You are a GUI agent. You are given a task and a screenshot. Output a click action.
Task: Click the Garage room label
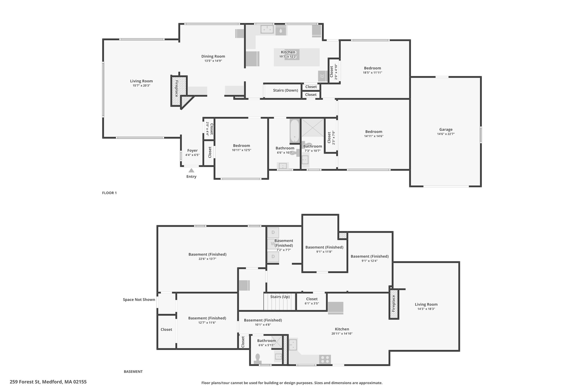click(446, 129)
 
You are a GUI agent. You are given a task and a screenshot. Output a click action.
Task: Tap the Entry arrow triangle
click(191, 170)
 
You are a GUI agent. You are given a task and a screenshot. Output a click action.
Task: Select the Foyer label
click(192, 150)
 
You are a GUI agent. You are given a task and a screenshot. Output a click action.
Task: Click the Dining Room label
click(213, 56)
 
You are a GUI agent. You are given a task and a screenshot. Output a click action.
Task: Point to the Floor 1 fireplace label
click(177, 89)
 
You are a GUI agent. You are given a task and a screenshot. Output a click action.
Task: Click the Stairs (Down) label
click(285, 90)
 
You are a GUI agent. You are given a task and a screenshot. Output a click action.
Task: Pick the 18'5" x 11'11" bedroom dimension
click(372, 73)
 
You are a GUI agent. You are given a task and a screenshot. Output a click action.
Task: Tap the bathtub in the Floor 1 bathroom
click(294, 131)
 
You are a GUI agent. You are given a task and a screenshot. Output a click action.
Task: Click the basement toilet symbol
click(258, 359)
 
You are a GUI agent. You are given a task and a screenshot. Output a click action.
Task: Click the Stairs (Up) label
click(280, 297)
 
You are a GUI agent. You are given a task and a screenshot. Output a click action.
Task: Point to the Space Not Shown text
click(139, 300)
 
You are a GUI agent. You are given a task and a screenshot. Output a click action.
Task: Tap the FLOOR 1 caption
click(109, 193)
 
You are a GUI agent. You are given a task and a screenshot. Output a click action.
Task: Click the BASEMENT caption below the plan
click(133, 372)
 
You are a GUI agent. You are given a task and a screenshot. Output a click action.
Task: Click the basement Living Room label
click(426, 304)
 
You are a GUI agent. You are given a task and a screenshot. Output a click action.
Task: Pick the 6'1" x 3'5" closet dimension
click(312, 304)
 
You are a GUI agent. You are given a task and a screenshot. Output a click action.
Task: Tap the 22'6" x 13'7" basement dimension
click(208, 259)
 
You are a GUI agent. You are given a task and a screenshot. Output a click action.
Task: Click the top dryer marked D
click(273, 233)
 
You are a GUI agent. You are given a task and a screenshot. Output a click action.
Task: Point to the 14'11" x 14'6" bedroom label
click(374, 136)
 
